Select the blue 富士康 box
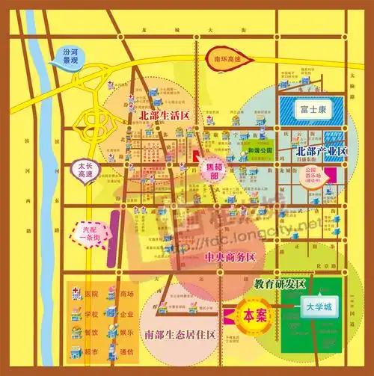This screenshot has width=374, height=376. tap(305, 109)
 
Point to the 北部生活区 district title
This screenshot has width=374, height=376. tap(165, 116)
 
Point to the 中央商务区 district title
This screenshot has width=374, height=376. tap(230, 256)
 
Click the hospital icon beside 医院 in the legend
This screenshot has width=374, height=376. tap(76, 294)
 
